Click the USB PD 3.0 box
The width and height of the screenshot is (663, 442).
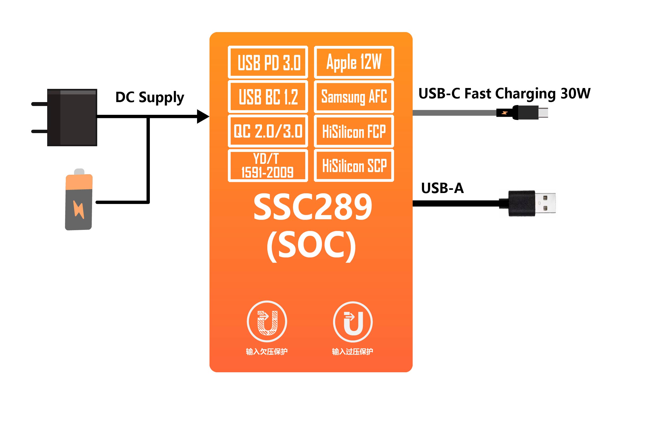[268, 62]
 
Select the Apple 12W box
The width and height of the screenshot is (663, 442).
[354, 62]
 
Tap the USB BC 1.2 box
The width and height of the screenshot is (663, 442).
[268, 97]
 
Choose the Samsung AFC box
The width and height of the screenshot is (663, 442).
[354, 97]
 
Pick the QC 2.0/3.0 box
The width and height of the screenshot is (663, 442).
[268, 131]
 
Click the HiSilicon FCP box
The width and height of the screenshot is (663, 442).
[354, 131]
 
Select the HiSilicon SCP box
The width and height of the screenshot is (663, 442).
[354, 165]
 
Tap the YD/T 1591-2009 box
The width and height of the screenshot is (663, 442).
[268, 165]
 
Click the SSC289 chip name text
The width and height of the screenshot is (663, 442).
[312, 207]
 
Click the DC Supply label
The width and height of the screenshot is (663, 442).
[150, 97]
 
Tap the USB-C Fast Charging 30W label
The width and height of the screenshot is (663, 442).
[504, 93]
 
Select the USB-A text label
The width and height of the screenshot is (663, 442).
[442, 188]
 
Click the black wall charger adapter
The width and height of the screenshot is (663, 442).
[72, 117]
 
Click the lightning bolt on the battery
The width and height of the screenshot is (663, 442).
[79, 209]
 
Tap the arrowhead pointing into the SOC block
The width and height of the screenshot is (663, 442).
[203, 116]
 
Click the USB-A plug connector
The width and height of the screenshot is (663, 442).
[532, 203]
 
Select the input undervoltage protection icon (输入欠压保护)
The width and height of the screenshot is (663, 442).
[267, 321]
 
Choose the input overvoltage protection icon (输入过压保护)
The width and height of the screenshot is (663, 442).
[353, 322]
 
